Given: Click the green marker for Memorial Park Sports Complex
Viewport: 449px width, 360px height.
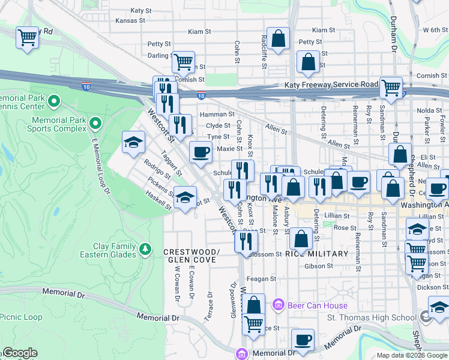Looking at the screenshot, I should (94, 124).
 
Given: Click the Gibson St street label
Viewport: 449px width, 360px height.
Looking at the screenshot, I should (319, 266).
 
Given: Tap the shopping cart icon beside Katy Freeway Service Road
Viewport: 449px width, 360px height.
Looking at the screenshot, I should (391, 87).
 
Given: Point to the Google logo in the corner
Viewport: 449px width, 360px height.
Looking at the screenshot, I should (20, 353).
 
